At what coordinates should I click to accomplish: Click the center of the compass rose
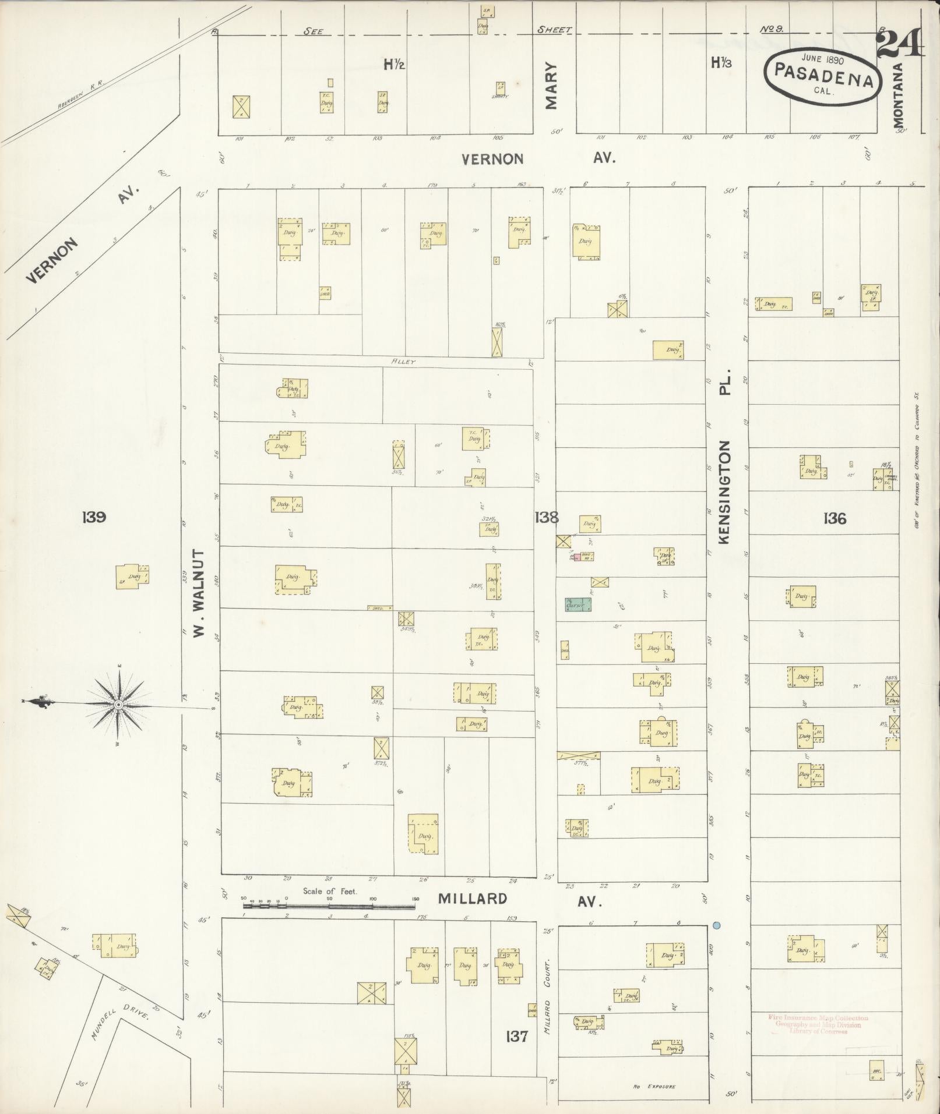click(119, 705)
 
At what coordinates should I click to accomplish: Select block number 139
click(93, 517)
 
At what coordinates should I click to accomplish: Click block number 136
click(835, 518)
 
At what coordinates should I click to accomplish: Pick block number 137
click(517, 1036)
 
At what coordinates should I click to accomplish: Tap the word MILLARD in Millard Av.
click(473, 899)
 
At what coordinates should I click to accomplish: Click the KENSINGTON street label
click(724, 493)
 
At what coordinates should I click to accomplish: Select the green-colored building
click(578, 604)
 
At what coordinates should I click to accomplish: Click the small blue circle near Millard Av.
click(717, 925)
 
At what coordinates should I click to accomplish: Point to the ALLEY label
click(403, 362)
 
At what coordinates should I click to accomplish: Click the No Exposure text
click(653, 1087)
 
